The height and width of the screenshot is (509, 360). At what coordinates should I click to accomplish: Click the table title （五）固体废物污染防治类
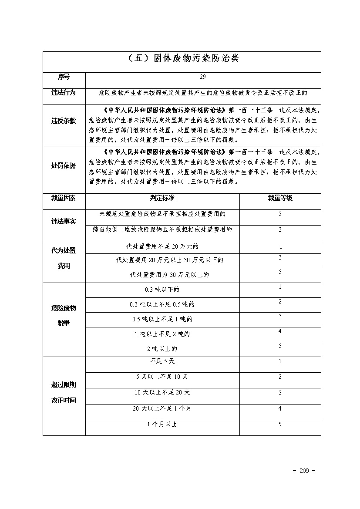coord(182,59)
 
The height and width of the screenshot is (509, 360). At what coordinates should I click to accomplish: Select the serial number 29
coord(203,77)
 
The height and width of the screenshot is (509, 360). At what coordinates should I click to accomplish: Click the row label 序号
coord(64,77)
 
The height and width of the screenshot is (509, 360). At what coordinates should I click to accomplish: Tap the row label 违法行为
coord(64,92)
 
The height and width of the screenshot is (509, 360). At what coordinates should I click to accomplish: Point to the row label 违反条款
coord(64,121)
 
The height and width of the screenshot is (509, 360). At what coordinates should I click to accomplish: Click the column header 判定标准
coord(162,198)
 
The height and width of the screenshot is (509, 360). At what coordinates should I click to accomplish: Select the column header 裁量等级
coord(280,198)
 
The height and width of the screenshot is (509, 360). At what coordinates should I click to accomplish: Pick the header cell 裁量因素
coord(64,198)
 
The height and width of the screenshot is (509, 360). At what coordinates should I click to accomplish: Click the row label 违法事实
coord(64,222)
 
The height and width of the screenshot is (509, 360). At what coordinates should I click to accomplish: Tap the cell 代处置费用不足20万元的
coord(162,247)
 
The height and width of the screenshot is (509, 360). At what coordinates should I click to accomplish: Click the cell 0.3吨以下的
coord(162,290)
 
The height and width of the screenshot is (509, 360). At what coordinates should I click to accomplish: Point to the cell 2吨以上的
coord(162,349)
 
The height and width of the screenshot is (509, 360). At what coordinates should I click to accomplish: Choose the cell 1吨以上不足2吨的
coord(162,334)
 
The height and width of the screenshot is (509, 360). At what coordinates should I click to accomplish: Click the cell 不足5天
coord(162,361)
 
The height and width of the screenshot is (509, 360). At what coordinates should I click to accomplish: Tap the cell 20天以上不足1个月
coord(162,408)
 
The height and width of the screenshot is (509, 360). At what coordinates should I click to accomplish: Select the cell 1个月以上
coord(162,424)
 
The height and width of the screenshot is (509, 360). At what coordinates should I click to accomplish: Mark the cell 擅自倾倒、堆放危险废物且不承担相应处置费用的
coord(162,229)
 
